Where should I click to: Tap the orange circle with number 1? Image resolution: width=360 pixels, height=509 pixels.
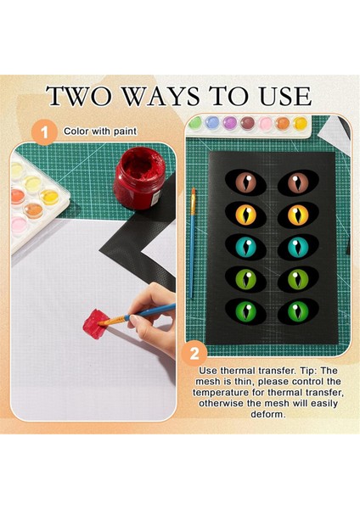[44, 132]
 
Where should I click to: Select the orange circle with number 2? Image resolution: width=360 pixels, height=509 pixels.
[194, 353]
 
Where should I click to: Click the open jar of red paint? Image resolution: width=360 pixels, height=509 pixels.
[139, 177]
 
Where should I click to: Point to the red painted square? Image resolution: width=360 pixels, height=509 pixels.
[95, 324]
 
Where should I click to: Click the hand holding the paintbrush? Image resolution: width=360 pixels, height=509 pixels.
[154, 316]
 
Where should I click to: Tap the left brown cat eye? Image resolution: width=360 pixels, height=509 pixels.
[245, 182]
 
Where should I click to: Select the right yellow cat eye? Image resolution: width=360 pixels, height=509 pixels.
[298, 215]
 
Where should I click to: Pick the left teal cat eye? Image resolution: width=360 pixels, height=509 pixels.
[245, 248]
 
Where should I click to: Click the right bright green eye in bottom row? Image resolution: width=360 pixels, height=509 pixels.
[298, 311]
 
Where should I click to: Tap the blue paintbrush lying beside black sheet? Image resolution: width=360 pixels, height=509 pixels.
[193, 243]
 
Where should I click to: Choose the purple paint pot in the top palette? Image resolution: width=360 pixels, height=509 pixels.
[230, 123]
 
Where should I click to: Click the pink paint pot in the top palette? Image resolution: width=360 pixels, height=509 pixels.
[266, 124]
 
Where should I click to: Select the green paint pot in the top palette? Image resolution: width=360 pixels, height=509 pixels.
[195, 122]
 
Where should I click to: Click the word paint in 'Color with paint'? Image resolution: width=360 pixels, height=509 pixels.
[125, 131]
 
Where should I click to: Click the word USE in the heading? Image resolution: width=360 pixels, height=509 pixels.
[285, 97]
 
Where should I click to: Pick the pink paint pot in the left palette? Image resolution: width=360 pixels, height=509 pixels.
[20, 226]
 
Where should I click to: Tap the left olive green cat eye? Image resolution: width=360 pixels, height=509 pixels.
[245, 279]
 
